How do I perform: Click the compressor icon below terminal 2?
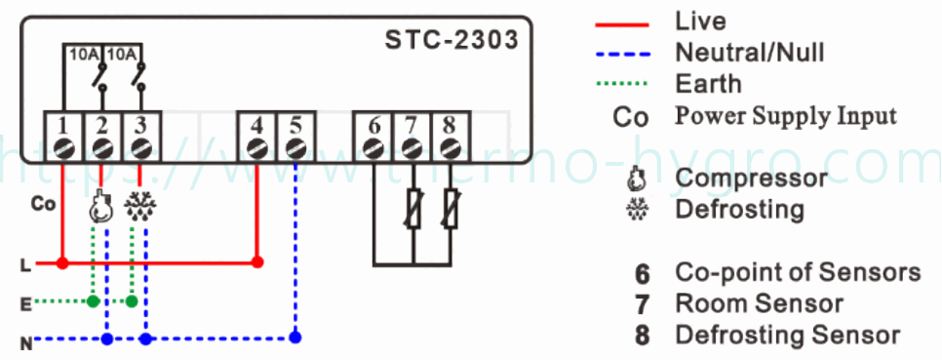[98, 207]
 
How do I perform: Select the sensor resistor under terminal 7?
[412, 209]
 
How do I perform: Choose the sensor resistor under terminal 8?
[451, 209]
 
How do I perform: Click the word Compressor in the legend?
[750, 179]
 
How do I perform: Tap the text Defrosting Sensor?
[787, 336]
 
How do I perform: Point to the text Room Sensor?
[759, 304]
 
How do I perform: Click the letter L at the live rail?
[24, 263]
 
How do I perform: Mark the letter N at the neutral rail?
[24, 340]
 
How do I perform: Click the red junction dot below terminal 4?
[256, 262]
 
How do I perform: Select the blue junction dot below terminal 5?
[295, 339]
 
